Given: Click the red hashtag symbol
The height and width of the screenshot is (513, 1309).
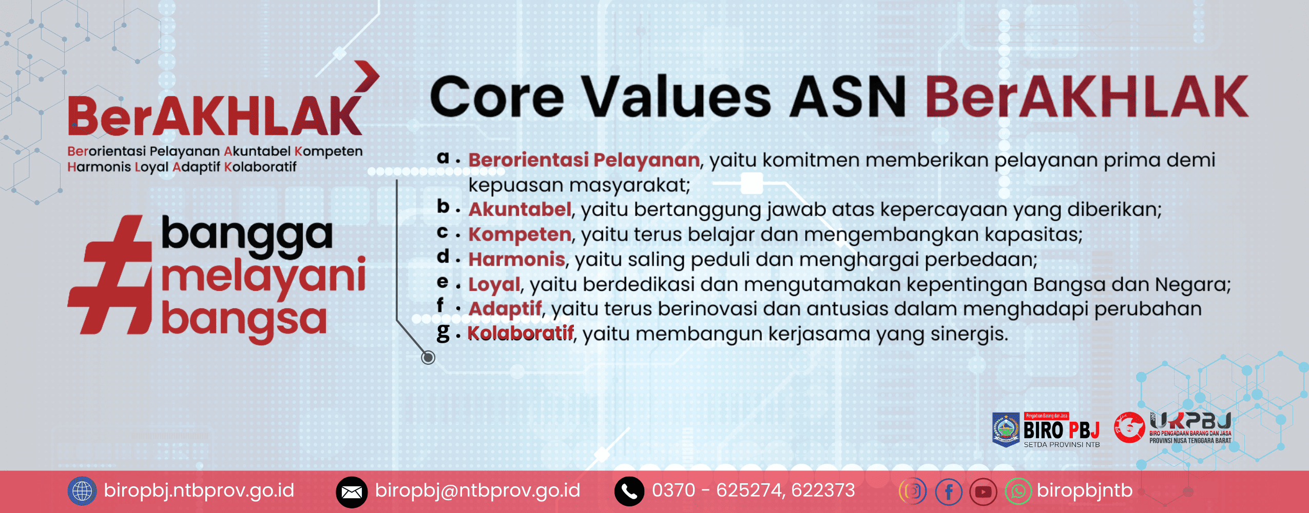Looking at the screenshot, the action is point(110,274).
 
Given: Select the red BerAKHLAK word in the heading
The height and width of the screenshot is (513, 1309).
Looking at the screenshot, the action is point(1086,96).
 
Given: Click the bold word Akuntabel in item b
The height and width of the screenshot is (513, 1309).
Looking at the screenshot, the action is point(519,209).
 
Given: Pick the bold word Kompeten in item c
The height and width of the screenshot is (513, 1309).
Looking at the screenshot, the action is point(519,234).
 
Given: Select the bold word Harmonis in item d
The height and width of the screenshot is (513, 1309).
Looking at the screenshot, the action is point(516,259).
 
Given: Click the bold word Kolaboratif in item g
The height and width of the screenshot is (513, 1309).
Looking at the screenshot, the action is point(520,333).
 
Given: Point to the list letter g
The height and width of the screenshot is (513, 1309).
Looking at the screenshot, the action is point(443,332).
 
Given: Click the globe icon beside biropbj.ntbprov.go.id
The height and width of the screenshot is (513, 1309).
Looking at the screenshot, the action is point(82,491).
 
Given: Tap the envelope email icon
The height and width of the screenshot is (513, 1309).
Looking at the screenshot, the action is point(352,492).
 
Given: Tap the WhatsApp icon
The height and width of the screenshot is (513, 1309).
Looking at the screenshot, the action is point(1018,491).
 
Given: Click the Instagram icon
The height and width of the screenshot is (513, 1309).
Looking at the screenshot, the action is point(913,491).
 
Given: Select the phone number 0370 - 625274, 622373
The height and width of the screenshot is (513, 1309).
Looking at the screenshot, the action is point(753,490).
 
